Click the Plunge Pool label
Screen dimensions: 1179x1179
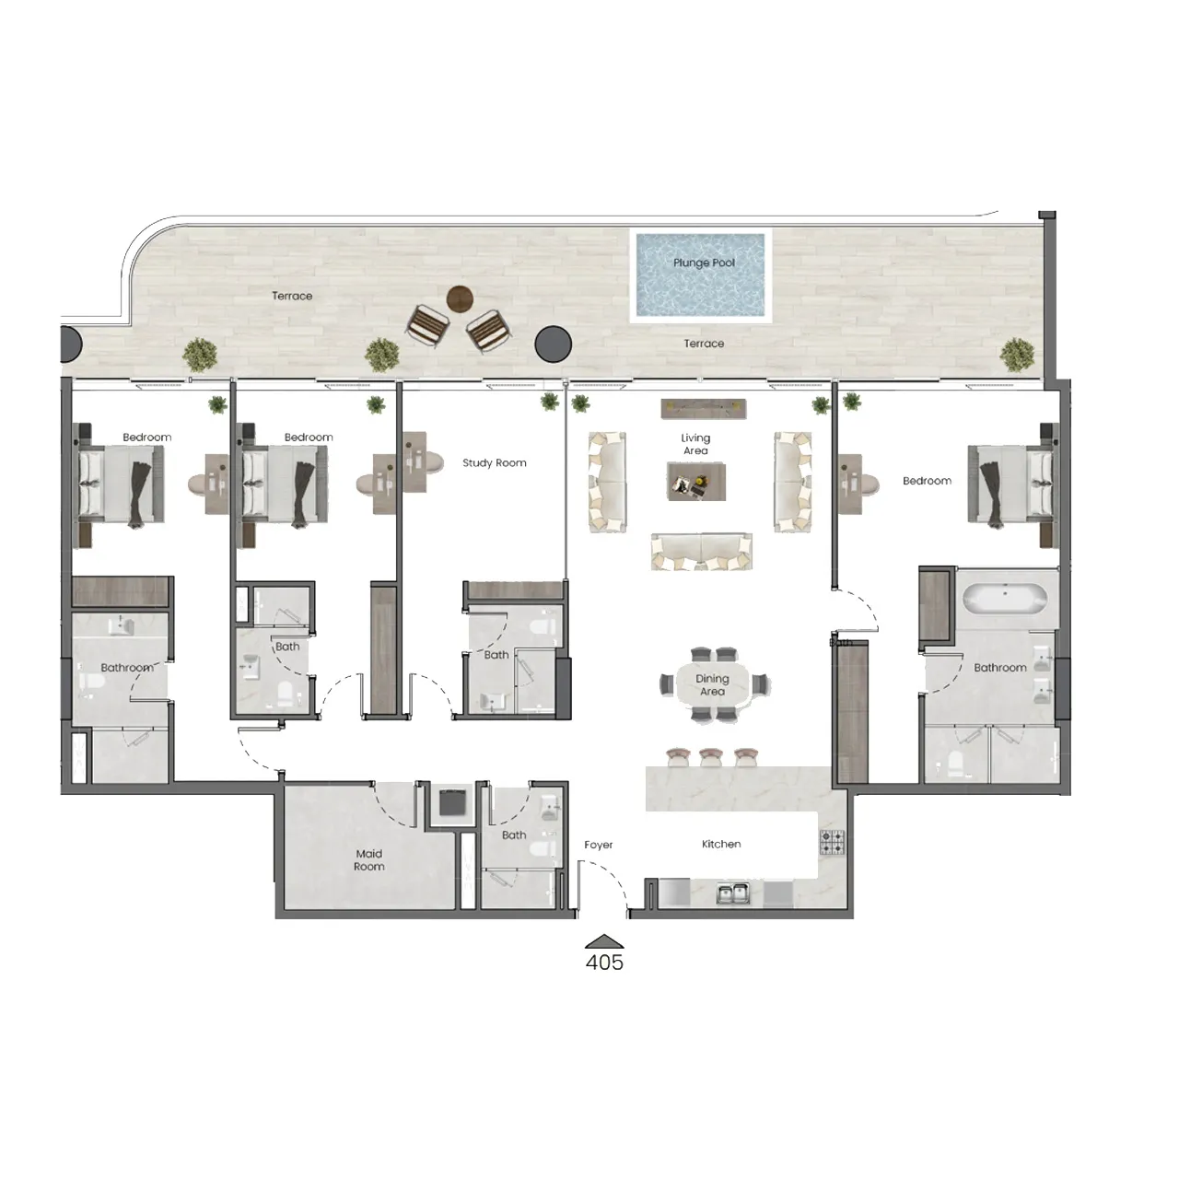tap(704, 263)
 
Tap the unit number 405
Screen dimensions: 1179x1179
tap(604, 963)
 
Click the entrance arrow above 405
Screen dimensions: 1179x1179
tap(604, 941)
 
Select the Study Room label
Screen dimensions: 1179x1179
tap(495, 463)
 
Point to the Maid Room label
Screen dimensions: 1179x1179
tap(369, 860)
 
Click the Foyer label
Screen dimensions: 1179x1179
tap(599, 845)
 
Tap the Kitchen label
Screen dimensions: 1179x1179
tap(721, 844)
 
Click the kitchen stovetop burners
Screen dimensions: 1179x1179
tap(832, 842)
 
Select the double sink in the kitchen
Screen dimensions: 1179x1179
tap(733, 892)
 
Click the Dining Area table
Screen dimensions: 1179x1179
tap(713, 685)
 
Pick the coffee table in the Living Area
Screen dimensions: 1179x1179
tap(695, 481)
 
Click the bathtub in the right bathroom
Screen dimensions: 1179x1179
tap(1004, 599)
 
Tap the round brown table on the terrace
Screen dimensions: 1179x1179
tap(460, 298)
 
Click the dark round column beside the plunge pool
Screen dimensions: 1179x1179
tap(554, 344)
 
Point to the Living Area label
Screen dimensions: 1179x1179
tap(695, 444)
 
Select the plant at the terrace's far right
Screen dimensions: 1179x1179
tap(1018, 355)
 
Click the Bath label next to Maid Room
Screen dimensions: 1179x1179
tap(514, 835)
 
